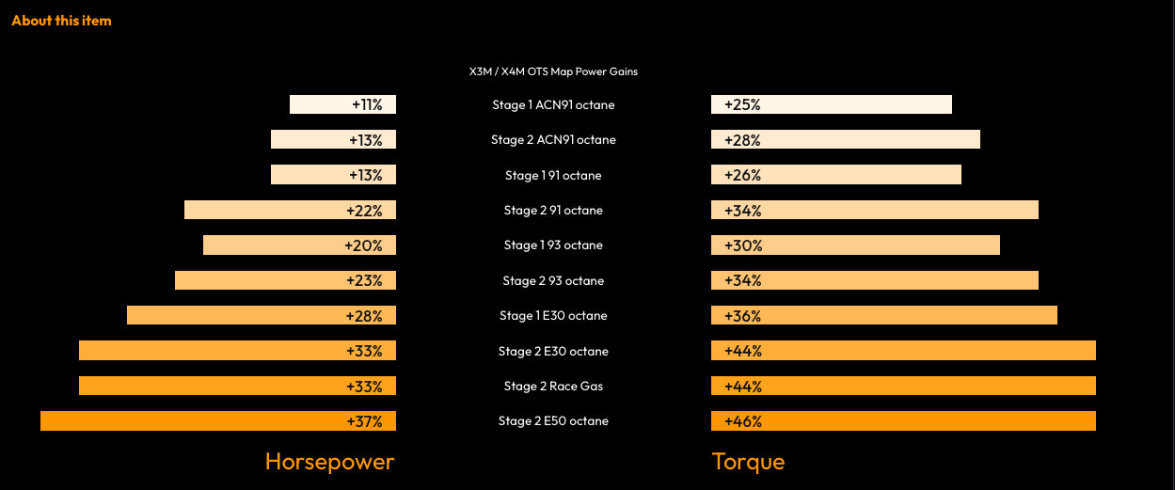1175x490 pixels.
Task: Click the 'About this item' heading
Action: point(61,20)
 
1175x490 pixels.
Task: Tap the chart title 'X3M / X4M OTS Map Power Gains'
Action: point(553,71)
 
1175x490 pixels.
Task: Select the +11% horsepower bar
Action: point(342,104)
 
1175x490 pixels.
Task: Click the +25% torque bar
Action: point(832,104)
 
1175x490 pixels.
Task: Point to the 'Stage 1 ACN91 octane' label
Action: point(553,104)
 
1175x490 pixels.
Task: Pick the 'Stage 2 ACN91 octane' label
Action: point(553,140)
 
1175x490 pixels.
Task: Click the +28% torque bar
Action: point(846,140)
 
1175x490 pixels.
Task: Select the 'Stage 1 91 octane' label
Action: point(553,175)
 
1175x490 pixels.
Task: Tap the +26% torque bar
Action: point(836,175)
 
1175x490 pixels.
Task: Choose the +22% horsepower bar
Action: point(290,210)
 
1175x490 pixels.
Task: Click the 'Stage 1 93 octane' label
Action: point(553,245)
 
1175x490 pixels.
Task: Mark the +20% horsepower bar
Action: point(299,245)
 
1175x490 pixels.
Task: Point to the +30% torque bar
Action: point(855,245)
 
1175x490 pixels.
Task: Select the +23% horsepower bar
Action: point(285,280)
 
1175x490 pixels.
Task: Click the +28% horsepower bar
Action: point(262,315)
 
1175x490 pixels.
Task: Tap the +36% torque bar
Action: point(884,315)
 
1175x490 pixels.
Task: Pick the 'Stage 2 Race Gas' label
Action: point(553,386)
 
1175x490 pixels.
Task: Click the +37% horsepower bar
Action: point(218,421)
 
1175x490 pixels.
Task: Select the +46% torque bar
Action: point(903,421)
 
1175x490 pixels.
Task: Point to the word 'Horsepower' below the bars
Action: point(329,461)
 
